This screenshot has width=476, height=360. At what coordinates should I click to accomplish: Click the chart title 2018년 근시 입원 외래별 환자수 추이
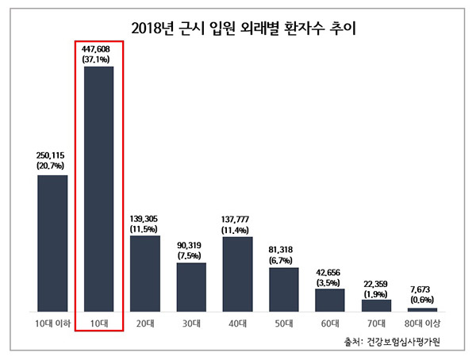tap(238, 31)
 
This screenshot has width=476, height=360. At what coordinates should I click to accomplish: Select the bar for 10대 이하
tap(52, 243)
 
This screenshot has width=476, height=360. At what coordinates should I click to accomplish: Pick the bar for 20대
tap(145, 273)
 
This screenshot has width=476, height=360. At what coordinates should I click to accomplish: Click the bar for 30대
tap(191, 286)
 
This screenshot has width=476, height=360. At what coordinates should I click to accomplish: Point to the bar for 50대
tap(284, 289)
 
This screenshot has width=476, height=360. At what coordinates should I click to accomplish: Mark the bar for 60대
tap(330, 300)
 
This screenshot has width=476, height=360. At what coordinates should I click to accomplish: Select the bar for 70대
tap(376, 305)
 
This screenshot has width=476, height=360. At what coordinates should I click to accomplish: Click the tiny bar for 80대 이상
tap(422, 309)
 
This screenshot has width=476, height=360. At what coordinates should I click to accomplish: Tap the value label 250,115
tap(52, 156)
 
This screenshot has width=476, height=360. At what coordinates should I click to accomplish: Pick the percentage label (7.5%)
tap(191, 255)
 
